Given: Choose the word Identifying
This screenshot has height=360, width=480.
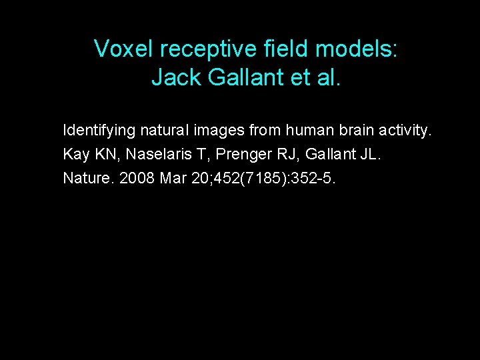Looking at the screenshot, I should coord(97,129).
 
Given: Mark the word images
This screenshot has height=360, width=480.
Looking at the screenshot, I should coord(215,129).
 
